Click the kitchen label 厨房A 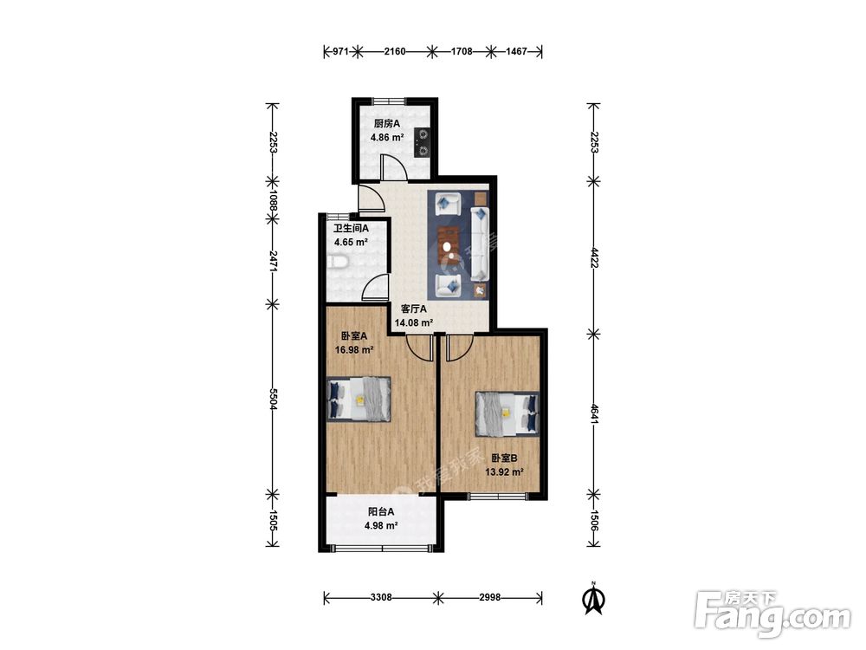click(x=386, y=124)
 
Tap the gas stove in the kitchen click(x=423, y=143)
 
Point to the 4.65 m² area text click(x=351, y=242)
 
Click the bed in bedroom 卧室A click(x=359, y=400)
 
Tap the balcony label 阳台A click(x=381, y=512)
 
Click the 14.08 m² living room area click(x=414, y=323)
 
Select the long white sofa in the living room click(x=479, y=244)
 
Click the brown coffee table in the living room click(x=449, y=244)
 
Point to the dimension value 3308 click(x=381, y=597)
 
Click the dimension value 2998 click(x=490, y=597)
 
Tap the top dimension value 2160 click(x=395, y=51)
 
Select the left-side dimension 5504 click(x=272, y=399)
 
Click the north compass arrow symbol click(x=594, y=599)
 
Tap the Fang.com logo click(x=772, y=614)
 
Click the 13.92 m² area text click(x=504, y=472)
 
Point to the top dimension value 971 click(x=340, y=51)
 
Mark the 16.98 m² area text click(x=354, y=349)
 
